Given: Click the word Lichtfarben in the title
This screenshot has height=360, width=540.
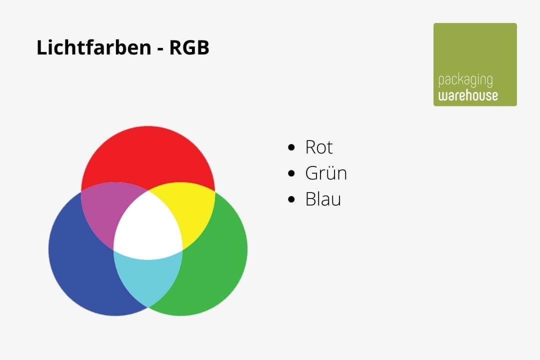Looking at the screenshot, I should click(93, 48).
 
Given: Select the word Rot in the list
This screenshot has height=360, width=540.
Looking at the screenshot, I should click(319, 147).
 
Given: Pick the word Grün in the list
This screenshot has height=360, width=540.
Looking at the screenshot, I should click(326, 173).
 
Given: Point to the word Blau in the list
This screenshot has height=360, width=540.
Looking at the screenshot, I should click(323, 199).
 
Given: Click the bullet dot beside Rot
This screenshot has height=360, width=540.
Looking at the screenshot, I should click(292, 148).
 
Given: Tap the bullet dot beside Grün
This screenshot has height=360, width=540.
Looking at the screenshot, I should click(292, 174).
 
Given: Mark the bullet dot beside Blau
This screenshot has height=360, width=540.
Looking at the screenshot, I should click(292, 200).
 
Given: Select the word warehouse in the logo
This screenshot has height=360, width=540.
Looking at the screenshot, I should click(468, 95).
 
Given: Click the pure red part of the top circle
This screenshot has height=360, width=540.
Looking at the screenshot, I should click(148, 155).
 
